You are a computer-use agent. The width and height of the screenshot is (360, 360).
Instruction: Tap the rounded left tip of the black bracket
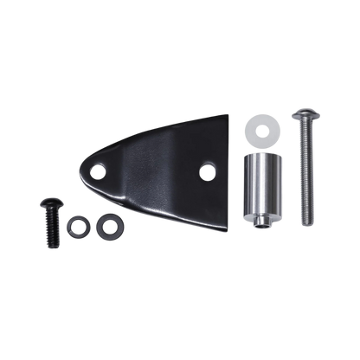83,170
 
